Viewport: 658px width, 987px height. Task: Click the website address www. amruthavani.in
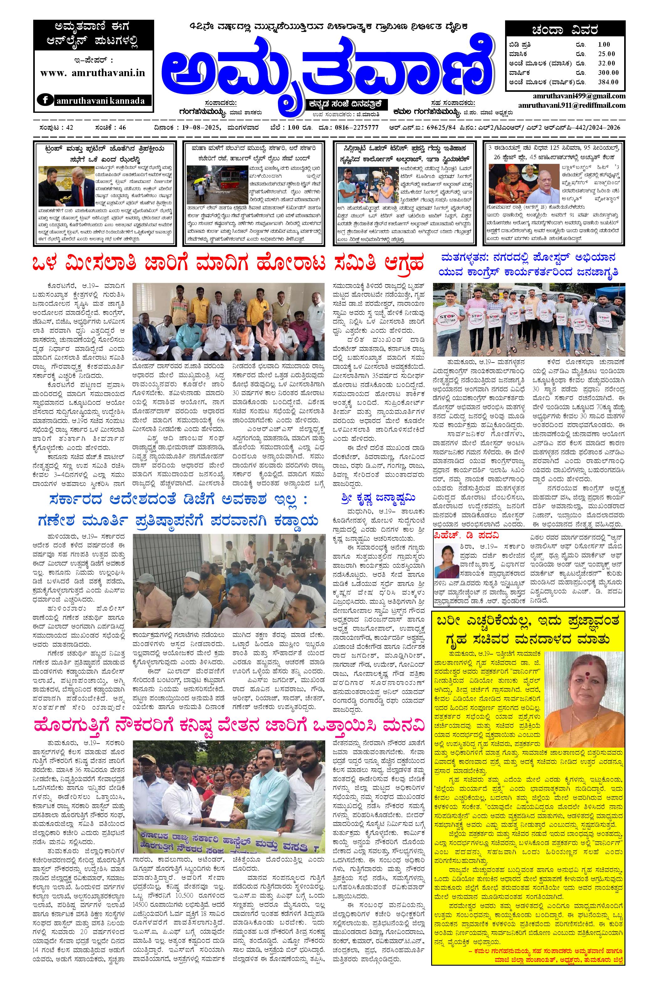[92, 73]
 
